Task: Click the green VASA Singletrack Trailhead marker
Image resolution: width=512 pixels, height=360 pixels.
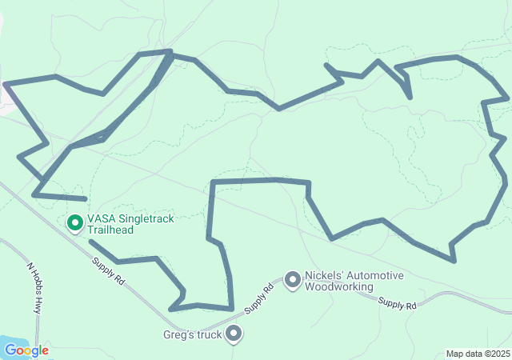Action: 75,223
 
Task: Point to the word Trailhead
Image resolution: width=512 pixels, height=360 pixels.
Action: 110,230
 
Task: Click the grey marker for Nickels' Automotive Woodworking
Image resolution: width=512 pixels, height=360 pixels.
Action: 292,280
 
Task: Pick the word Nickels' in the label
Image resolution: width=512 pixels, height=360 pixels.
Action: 323,276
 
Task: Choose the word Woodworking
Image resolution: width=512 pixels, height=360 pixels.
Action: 339,286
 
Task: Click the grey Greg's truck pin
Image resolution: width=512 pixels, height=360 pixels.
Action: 234,333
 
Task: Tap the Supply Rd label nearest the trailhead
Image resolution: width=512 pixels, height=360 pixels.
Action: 109,270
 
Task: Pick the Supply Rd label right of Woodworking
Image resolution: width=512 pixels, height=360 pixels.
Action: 398,303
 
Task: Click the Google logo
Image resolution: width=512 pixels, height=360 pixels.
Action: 26,350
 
